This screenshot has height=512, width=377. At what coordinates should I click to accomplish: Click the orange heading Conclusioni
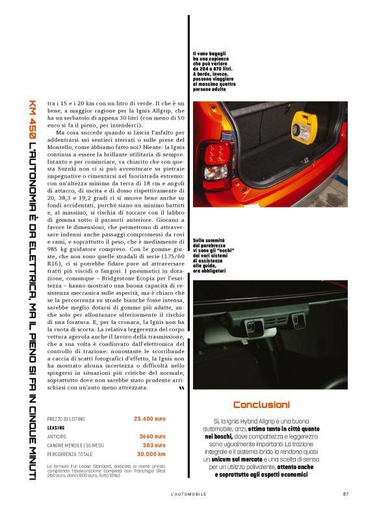click(261, 404)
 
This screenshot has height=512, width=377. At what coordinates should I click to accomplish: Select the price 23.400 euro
click(149, 419)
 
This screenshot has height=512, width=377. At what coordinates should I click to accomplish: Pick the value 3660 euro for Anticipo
click(152, 437)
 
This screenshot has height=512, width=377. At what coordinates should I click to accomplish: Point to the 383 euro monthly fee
click(154, 445)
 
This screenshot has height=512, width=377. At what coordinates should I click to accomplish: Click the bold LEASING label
click(57, 428)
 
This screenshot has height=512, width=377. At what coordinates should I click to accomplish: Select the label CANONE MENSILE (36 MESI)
click(75, 446)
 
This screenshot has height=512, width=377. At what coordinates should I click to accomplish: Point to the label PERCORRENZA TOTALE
click(71, 454)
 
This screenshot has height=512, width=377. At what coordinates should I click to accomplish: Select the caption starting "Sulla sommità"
click(214, 255)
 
